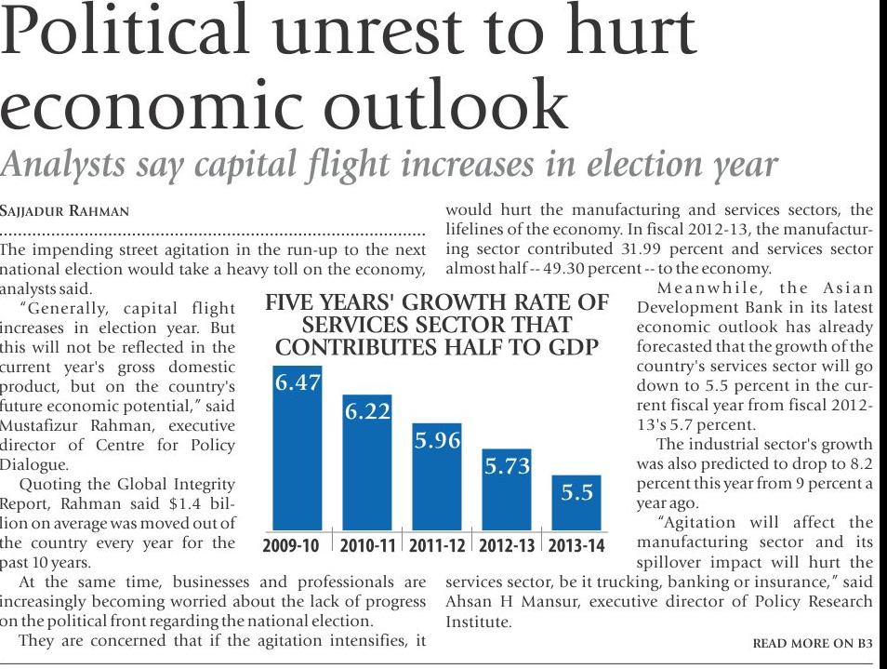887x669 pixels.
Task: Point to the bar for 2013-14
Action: (576, 503)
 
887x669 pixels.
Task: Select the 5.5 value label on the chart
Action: (576, 493)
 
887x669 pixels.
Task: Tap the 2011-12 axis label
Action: (437, 544)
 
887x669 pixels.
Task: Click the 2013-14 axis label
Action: (576, 544)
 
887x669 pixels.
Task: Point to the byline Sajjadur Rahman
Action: (65, 211)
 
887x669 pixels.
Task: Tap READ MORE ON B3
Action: (813, 643)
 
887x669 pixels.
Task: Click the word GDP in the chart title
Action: (571, 347)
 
